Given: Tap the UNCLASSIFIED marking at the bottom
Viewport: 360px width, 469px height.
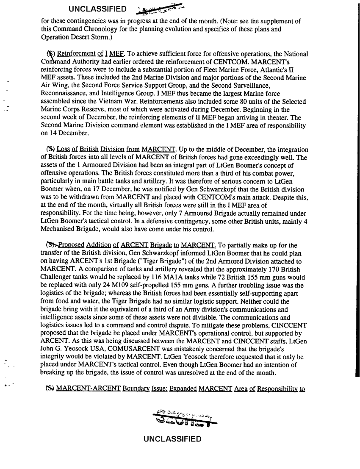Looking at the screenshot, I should pos(172,438).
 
